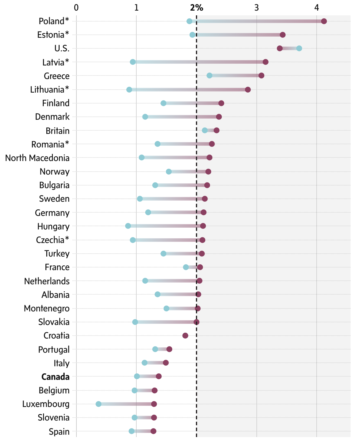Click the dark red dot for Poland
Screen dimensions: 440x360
point(324,21)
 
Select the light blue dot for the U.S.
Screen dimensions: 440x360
point(299,48)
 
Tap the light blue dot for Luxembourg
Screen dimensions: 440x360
point(99,404)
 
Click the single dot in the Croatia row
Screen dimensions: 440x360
point(185,336)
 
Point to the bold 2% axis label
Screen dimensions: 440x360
point(197,8)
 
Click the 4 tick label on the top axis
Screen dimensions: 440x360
point(317,8)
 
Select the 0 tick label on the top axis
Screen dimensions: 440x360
point(76,8)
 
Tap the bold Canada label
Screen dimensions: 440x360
point(55,377)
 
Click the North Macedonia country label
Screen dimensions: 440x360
point(37,158)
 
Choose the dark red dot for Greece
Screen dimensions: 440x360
point(261,75)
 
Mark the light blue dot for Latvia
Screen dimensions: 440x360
point(133,62)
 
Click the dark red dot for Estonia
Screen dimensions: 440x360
point(282,35)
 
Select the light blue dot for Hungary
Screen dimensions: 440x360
point(128,226)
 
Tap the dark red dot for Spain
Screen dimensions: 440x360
point(153,431)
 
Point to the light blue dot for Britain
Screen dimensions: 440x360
point(205,130)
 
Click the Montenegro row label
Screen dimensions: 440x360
point(47,308)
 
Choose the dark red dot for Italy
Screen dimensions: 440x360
point(166,363)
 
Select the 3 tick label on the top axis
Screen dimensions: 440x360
point(257,8)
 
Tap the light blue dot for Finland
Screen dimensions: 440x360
point(163,103)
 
